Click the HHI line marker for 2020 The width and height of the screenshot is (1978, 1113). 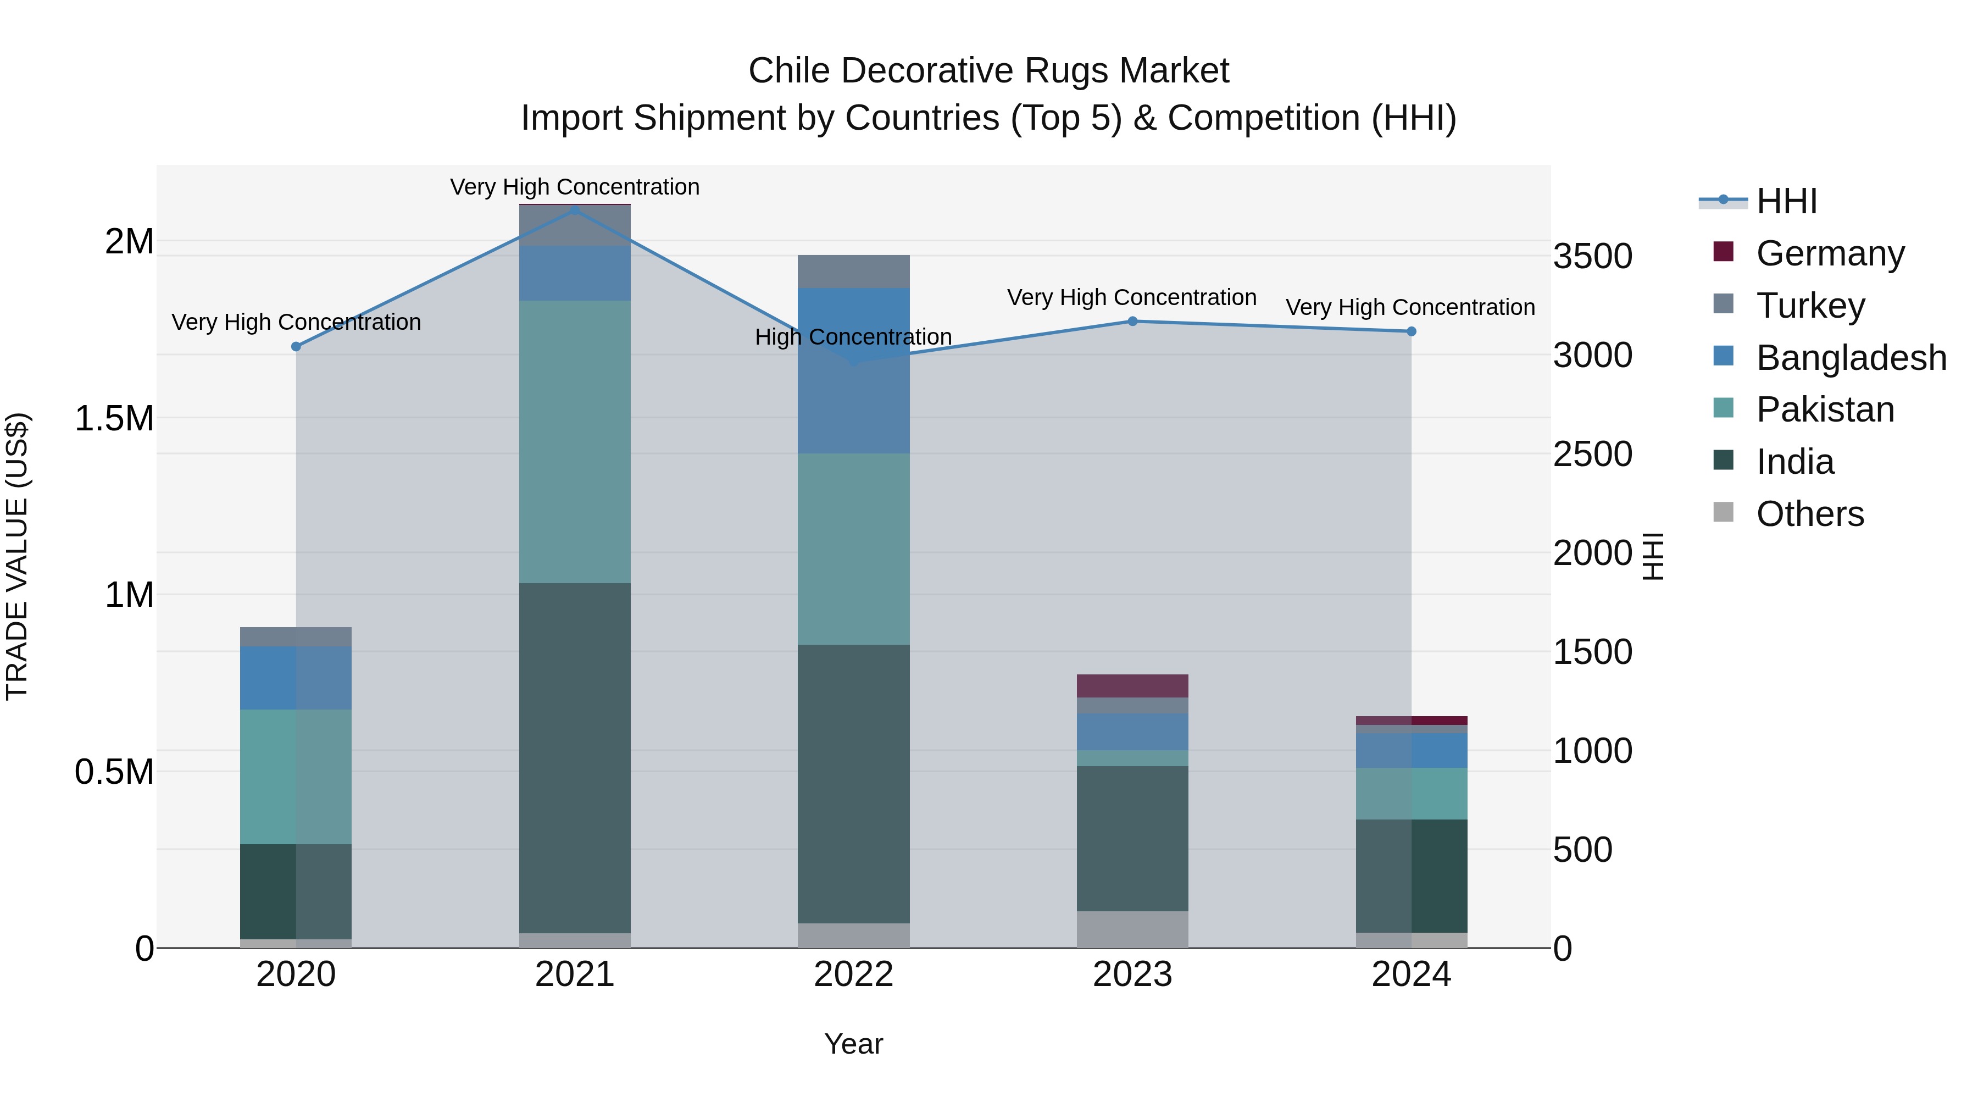(296, 346)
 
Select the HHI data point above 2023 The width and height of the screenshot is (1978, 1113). (1132, 321)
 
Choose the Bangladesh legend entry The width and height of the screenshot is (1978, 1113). (1851, 358)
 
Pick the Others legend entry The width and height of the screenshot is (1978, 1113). (1809, 514)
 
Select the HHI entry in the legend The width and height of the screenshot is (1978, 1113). (1786, 201)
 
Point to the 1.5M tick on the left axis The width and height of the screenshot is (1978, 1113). (114, 419)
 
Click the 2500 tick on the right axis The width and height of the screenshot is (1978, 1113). (1592, 454)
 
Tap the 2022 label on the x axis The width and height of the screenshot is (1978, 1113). (853, 974)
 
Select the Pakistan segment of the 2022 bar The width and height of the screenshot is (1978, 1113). (853, 549)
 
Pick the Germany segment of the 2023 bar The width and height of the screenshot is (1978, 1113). (1132, 685)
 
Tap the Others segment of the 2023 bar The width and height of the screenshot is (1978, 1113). (1132, 929)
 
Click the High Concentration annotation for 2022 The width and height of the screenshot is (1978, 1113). (853, 337)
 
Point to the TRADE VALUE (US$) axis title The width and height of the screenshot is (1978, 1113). (17, 556)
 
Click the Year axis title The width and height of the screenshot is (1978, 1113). (853, 1044)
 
